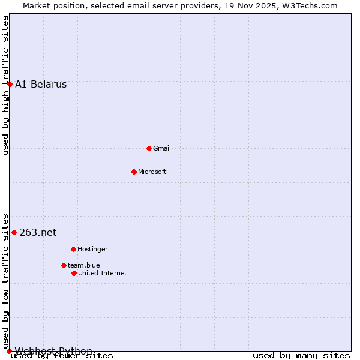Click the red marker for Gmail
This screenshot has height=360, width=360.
pyautogui.click(x=149, y=148)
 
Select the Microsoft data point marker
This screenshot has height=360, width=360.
pyautogui.click(x=134, y=172)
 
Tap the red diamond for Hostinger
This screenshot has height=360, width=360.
pyautogui.click(x=73, y=249)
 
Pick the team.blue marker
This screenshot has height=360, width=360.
pyautogui.click(x=64, y=265)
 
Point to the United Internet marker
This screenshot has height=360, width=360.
pyautogui.click(x=74, y=273)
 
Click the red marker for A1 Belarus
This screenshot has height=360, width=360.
pyautogui.click(x=10, y=84)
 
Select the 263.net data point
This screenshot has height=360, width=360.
pyautogui.click(x=14, y=232)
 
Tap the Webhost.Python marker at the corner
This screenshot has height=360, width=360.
pyautogui.click(x=9, y=351)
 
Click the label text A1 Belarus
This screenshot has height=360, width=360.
pyautogui.click(x=41, y=84)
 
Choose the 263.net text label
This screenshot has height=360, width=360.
pyautogui.click(x=38, y=232)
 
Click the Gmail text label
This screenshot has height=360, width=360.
pyautogui.click(x=162, y=148)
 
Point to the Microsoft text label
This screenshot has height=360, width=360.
pyautogui.click(x=152, y=172)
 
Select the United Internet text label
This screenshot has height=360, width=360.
pyautogui.click(x=103, y=273)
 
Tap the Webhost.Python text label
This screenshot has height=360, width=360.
pyautogui.click(x=53, y=351)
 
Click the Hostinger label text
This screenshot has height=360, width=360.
pyautogui.click(x=92, y=249)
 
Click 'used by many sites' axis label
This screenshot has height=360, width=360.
pyautogui.click(x=301, y=356)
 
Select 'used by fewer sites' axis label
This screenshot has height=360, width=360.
pyautogui.click(x=62, y=356)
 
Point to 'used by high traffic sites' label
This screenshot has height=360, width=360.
pyautogui.click(x=6, y=85)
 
